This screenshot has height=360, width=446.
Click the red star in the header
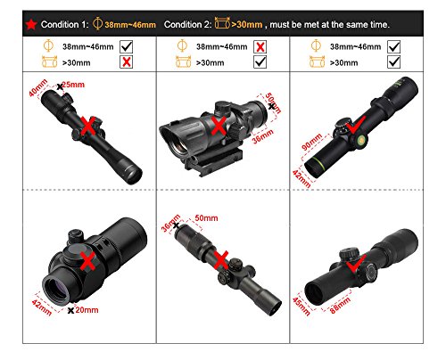[x=31, y=25]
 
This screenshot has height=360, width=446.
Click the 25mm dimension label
[x=73, y=85]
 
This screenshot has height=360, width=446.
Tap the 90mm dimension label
[x=311, y=142]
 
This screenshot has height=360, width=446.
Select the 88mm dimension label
[x=340, y=306]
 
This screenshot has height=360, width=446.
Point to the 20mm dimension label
[x=87, y=310]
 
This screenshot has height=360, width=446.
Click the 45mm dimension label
[x=301, y=307]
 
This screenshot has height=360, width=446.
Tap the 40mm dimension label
[x=38, y=87]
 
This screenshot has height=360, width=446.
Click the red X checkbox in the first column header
[x=127, y=62]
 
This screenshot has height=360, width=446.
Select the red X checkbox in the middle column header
[x=260, y=47]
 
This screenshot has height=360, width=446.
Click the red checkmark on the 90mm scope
[x=356, y=125]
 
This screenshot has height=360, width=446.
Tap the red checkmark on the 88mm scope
[x=356, y=263]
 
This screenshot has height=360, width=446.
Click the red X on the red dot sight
[x=88, y=261]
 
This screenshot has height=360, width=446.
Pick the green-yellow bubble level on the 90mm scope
[x=361, y=140]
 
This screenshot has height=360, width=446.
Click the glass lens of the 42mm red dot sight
[x=57, y=292]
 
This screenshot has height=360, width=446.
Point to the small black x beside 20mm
[x=70, y=311]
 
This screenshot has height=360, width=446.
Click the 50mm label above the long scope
[x=206, y=218]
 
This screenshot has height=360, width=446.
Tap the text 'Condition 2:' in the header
[x=187, y=25]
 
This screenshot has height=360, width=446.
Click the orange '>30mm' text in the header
[x=247, y=25]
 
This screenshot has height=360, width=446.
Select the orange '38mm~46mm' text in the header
[x=130, y=25]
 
